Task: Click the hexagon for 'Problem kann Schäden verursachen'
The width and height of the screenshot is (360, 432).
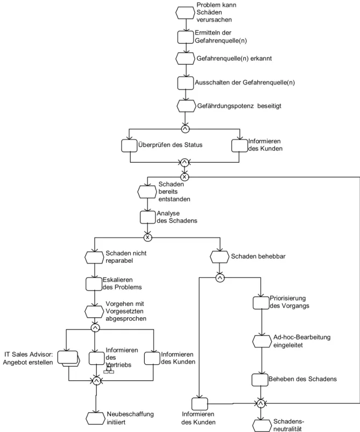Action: (x=185, y=13)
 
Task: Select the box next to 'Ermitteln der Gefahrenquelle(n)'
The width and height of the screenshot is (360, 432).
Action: (x=185, y=37)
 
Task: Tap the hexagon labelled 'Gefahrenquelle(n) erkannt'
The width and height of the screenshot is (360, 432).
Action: (x=185, y=58)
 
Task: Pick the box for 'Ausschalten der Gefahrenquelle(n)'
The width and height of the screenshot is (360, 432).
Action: (x=185, y=83)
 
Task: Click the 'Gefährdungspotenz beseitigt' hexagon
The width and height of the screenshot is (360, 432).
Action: (x=186, y=106)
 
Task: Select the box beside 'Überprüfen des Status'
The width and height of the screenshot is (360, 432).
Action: (x=129, y=145)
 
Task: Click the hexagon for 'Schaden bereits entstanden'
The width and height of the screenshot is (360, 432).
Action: (x=147, y=192)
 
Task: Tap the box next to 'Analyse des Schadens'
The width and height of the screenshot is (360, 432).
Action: (x=148, y=218)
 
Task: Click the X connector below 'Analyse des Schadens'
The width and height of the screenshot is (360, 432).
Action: (x=148, y=237)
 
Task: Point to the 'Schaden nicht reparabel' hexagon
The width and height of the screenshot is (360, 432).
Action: (x=94, y=257)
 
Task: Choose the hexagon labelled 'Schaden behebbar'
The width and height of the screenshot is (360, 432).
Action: (x=220, y=257)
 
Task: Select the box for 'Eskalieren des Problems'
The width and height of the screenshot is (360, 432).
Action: (x=94, y=284)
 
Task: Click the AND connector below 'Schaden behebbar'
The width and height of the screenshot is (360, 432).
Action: (x=220, y=278)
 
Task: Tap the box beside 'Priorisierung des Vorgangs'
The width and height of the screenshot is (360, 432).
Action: (x=261, y=303)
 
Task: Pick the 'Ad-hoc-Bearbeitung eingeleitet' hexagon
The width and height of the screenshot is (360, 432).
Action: (x=262, y=342)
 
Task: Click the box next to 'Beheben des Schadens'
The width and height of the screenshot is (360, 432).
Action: (x=260, y=380)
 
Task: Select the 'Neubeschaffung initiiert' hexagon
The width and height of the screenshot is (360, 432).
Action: (x=95, y=418)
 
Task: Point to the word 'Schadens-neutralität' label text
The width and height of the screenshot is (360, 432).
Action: (x=288, y=425)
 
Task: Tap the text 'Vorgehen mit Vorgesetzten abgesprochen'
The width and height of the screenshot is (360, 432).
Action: (x=126, y=311)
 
